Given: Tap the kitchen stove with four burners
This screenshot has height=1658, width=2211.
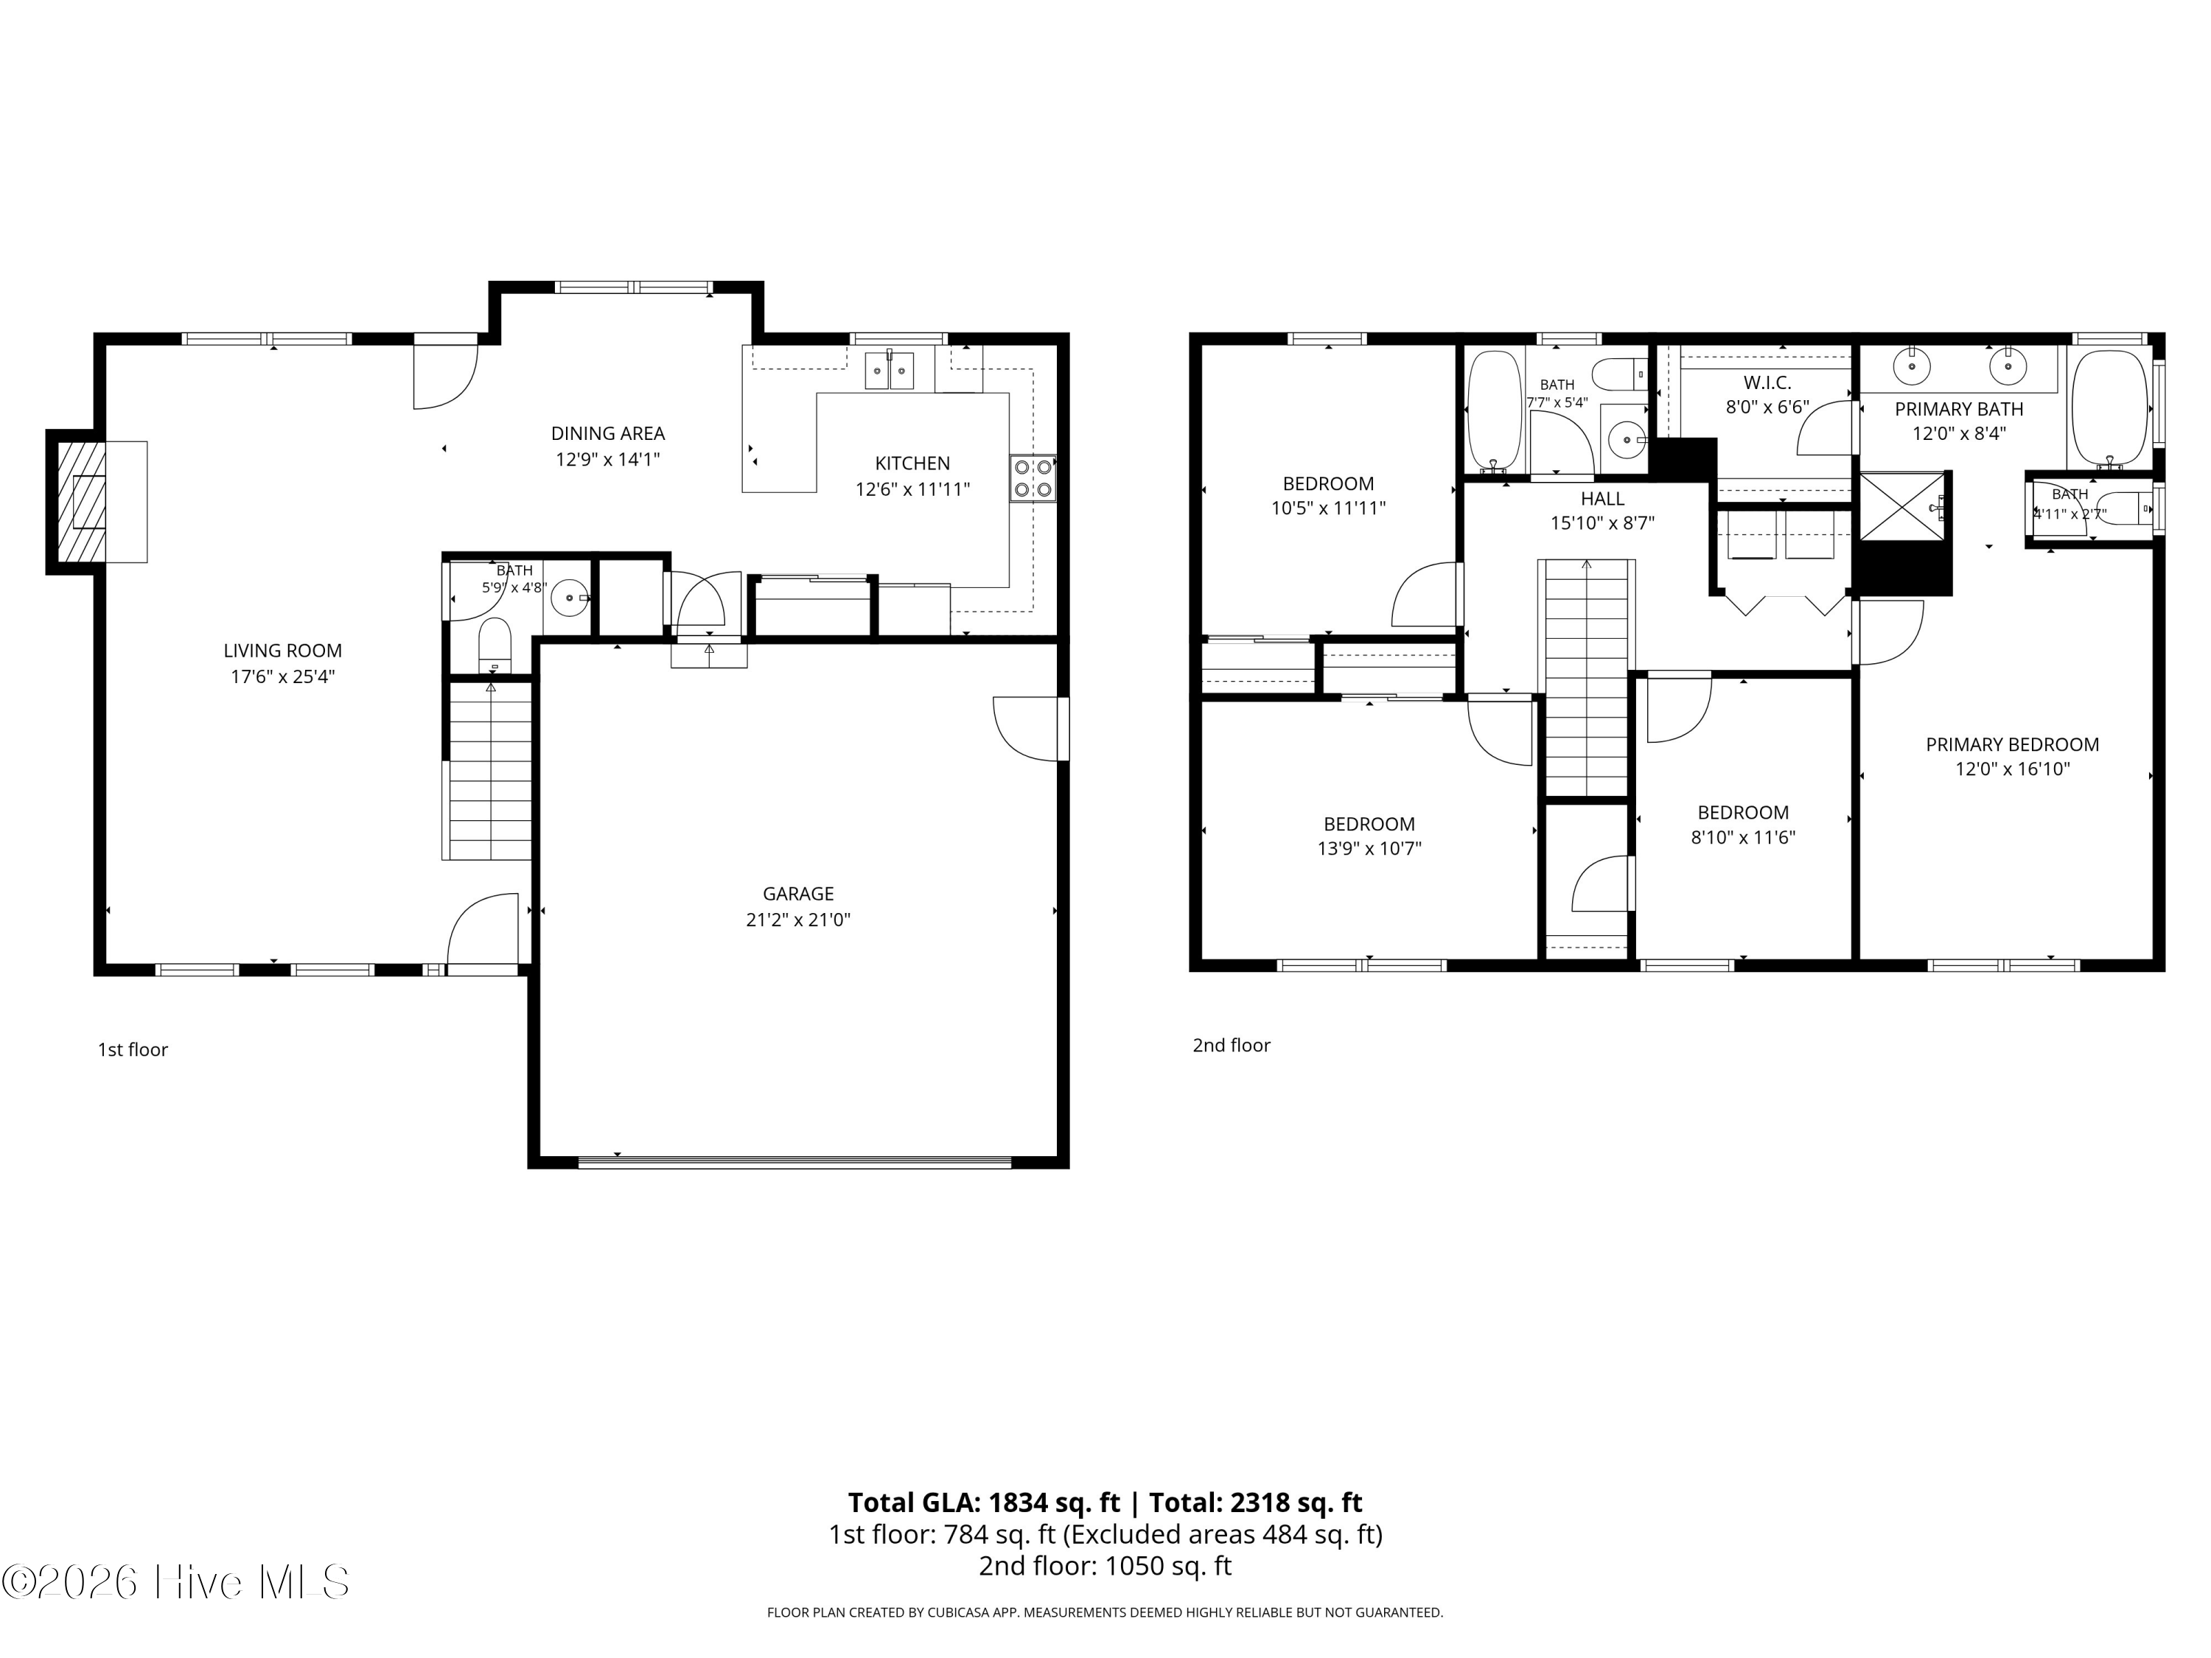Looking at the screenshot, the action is pyautogui.click(x=1033, y=479).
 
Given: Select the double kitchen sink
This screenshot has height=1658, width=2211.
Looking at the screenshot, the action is pyautogui.click(x=889, y=371).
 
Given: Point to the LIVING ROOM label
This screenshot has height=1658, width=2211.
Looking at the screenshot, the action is pyautogui.click(x=283, y=651).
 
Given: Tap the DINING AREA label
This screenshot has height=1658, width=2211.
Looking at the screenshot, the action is pyautogui.click(x=608, y=434).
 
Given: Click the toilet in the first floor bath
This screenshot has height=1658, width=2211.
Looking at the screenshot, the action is pyautogui.click(x=495, y=646).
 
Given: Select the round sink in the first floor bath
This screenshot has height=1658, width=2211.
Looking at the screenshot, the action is pyautogui.click(x=570, y=598).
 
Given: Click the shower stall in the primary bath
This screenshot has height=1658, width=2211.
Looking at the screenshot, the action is pyautogui.click(x=1902, y=508).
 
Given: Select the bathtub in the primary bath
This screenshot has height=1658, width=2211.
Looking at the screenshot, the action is pyautogui.click(x=2109, y=409).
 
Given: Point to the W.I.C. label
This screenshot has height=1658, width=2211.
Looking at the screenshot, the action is pyautogui.click(x=1767, y=382).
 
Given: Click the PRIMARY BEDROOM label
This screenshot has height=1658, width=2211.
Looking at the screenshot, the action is pyautogui.click(x=2012, y=744).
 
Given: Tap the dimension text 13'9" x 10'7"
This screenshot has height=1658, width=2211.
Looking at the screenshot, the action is pyautogui.click(x=1369, y=848).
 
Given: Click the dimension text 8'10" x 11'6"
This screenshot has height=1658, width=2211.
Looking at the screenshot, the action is pyautogui.click(x=1743, y=838).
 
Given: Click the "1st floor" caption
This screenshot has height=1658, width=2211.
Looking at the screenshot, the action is pyautogui.click(x=133, y=1049).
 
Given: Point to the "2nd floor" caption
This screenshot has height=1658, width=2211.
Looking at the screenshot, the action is pyautogui.click(x=1232, y=1046).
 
